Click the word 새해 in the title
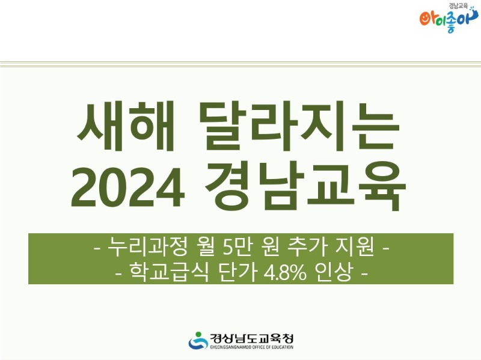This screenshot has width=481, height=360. click(126, 126)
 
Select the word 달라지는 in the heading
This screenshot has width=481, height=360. click(299, 126)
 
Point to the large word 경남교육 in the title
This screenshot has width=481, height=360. click(305, 186)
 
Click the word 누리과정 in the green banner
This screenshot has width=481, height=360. click(147, 246)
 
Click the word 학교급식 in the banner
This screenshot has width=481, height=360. click(169, 272)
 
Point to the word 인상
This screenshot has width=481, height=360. click(333, 272)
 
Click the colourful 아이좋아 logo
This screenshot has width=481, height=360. click(448, 20)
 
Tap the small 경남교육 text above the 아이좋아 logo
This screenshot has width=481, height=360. click(458, 5)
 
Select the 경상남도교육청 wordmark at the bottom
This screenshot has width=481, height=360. click(251, 338)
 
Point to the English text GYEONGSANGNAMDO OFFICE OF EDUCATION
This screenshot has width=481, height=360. click(251, 347)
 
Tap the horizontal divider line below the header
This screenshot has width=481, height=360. click(240, 64)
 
